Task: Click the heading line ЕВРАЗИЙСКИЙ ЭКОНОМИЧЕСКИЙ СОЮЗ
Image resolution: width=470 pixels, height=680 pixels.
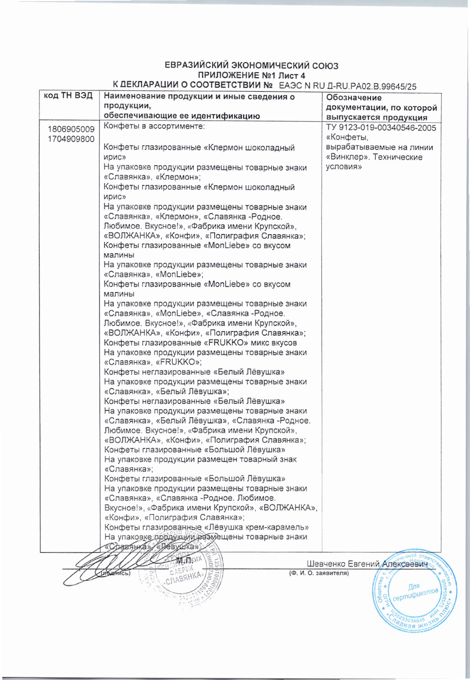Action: [x=251, y=66]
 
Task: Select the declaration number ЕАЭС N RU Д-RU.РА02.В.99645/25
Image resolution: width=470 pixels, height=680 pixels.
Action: [x=348, y=86]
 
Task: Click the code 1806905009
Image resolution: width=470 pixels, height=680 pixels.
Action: [x=71, y=129]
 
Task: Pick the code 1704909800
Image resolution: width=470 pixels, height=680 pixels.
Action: [x=71, y=139]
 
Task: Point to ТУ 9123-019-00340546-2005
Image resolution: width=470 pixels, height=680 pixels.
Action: [x=381, y=128]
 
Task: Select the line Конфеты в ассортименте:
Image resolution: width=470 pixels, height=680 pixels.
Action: [x=154, y=126]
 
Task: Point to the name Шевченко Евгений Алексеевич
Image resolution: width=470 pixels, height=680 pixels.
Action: [x=366, y=564]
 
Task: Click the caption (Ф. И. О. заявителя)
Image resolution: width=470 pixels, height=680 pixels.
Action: [x=318, y=573]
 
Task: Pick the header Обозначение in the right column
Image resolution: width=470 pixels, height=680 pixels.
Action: [x=354, y=98]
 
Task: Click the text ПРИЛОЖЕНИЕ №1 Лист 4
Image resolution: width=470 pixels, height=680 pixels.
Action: [x=251, y=76]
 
